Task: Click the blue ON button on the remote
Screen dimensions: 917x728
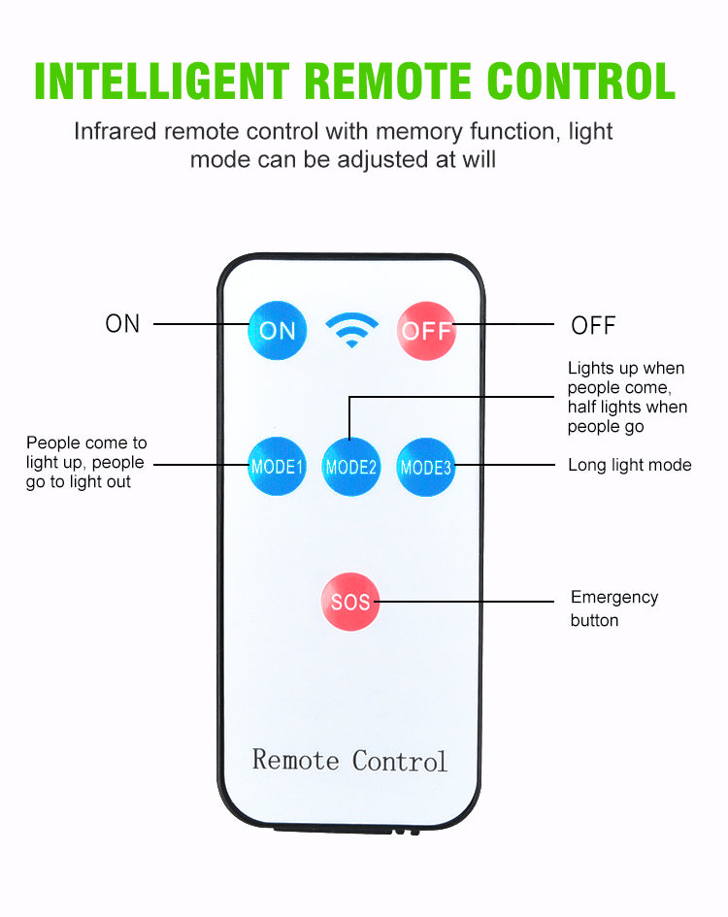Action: tap(278, 330)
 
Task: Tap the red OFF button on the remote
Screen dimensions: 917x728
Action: tap(426, 330)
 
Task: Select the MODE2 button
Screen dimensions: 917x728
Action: tap(350, 467)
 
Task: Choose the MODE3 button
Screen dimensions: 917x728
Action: tap(426, 467)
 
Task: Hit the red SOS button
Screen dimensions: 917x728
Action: tap(350, 602)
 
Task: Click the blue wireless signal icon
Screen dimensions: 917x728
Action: tap(351, 330)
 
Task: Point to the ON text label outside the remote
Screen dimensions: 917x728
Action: tap(123, 324)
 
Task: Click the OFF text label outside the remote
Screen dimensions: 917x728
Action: tap(593, 326)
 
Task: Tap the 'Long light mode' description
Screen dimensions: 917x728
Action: tap(630, 466)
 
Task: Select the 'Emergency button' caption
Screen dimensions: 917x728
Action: tap(613, 608)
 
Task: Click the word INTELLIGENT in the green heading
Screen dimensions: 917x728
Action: tap(161, 82)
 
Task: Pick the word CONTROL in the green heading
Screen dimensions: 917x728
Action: tap(581, 82)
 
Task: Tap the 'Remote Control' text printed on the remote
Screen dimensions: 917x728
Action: tap(349, 760)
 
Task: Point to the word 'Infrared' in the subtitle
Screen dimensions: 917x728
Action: tap(116, 131)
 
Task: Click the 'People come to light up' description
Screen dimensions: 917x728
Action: tap(86, 462)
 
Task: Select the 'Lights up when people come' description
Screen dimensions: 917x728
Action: tap(627, 397)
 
